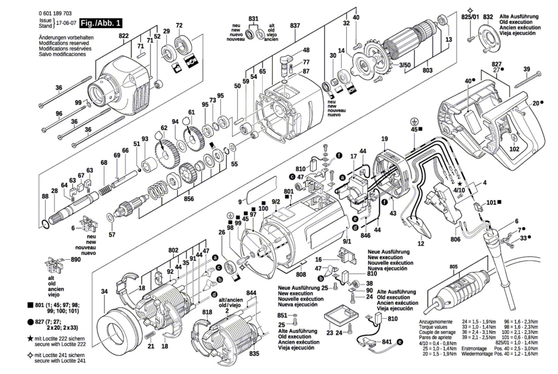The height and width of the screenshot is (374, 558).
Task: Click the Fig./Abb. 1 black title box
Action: coord(100,23)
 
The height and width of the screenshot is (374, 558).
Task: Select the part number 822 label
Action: coord(123,36)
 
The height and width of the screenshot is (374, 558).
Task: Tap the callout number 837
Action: coord(295,25)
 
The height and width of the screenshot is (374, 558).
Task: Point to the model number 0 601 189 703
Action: coord(55,13)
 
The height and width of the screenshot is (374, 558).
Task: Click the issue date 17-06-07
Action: coord(66,23)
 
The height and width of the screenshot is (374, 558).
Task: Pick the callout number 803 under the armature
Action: coord(427,70)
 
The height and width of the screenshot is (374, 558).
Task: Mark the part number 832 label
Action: coord(488,17)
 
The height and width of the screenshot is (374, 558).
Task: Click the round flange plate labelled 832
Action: coord(488,38)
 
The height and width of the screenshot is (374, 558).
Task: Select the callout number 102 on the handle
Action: coord(514,149)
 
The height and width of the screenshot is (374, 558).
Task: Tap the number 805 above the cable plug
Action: coord(453,267)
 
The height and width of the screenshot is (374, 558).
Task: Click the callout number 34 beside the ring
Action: coord(105,291)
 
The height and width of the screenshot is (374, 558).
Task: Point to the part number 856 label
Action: coord(189,199)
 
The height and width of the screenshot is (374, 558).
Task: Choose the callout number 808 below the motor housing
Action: coord(301,274)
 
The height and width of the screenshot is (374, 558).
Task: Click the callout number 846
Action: coord(365,235)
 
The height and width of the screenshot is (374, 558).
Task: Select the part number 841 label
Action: coord(387,342)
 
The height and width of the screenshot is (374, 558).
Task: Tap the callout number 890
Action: coord(75,259)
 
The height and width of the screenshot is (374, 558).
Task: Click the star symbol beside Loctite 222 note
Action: coord(30,338)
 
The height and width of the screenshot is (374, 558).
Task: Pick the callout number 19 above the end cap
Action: coord(384,139)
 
